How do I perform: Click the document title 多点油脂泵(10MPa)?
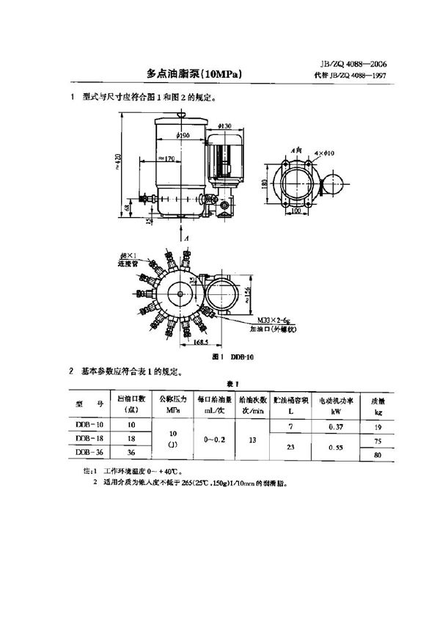[194, 73]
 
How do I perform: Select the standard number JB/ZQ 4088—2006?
[353, 64]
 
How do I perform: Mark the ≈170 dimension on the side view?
[165, 158]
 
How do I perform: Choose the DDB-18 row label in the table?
[89, 437]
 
